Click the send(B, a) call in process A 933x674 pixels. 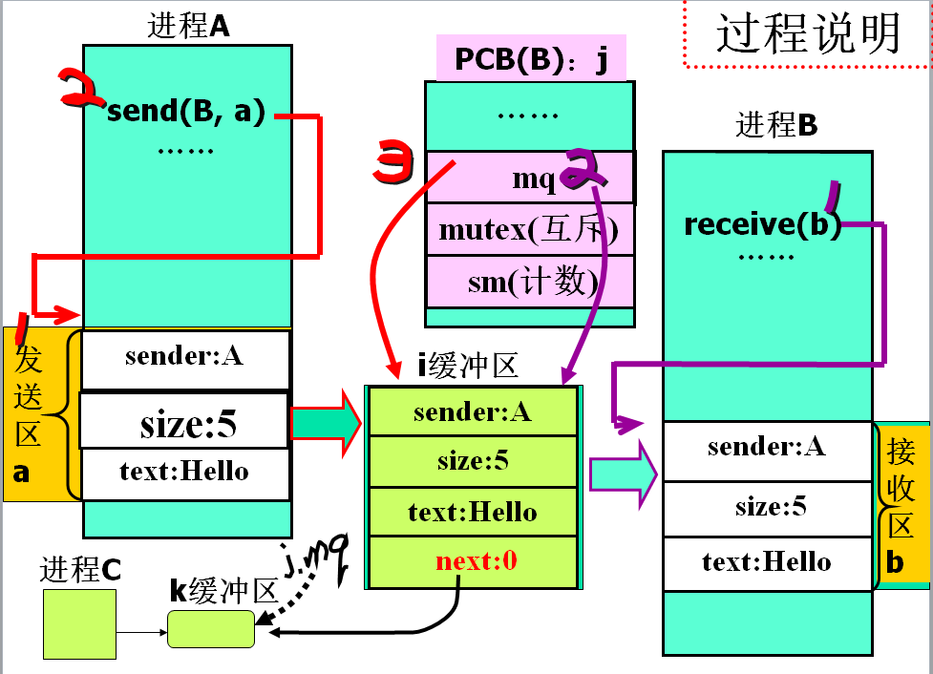(x=186, y=112)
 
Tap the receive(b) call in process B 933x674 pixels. (x=762, y=225)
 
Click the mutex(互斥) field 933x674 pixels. (x=529, y=230)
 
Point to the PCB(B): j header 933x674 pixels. (x=531, y=60)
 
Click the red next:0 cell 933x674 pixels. (x=476, y=561)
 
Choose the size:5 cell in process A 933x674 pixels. (x=186, y=423)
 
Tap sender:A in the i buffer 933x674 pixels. (x=472, y=411)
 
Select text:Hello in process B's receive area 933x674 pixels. (x=767, y=562)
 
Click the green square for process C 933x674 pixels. (x=79, y=622)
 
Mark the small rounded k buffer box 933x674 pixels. (x=211, y=629)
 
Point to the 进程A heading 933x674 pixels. (x=188, y=26)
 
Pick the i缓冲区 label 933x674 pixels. (x=467, y=367)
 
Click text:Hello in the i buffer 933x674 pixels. (x=472, y=513)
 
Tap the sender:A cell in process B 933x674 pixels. (x=767, y=447)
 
